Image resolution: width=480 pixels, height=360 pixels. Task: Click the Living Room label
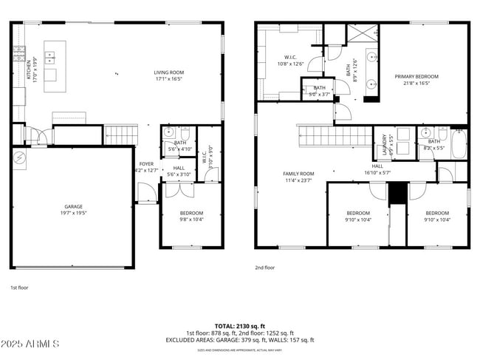click(x=168, y=75)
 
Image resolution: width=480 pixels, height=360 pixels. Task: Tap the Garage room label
click(x=72, y=209)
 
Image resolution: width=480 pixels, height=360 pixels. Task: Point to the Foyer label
click(x=146, y=167)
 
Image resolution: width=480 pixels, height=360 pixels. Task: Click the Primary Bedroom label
click(x=416, y=80)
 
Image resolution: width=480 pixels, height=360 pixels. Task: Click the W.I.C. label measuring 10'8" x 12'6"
click(x=289, y=60)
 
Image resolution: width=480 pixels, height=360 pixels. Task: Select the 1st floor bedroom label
click(x=191, y=215)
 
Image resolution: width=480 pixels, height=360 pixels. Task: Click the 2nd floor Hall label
click(x=377, y=169)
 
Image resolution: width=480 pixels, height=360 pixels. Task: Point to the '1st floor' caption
click(x=19, y=288)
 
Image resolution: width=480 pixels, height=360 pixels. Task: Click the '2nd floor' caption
click(x=264, y=268)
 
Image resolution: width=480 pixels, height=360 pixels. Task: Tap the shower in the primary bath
click(x=364, y=35)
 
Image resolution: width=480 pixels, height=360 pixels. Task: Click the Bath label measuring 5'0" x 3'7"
click(x=319, y=91)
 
